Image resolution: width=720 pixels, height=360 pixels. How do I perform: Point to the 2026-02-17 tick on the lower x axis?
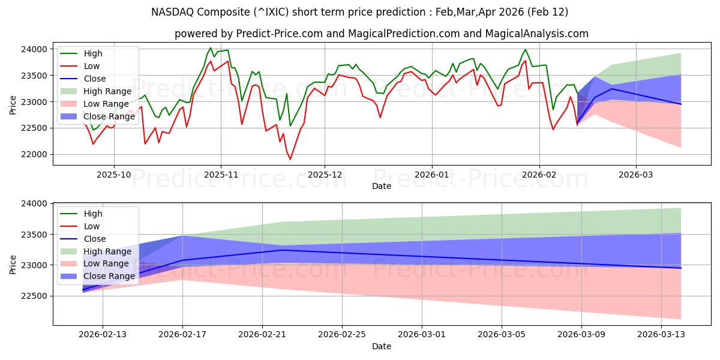[182, 334]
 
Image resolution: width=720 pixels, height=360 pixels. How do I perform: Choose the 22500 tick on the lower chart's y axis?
[37, 296]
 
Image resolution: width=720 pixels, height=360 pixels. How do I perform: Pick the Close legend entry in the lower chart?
[95, 239]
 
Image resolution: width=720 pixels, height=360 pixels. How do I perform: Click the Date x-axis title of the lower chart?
[382, 346]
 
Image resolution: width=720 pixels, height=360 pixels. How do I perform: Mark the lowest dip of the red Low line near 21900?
[290, 159]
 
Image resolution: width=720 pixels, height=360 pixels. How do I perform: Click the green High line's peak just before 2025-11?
[211, 48]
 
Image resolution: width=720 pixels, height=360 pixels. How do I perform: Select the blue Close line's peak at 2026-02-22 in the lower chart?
[282, 250]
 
